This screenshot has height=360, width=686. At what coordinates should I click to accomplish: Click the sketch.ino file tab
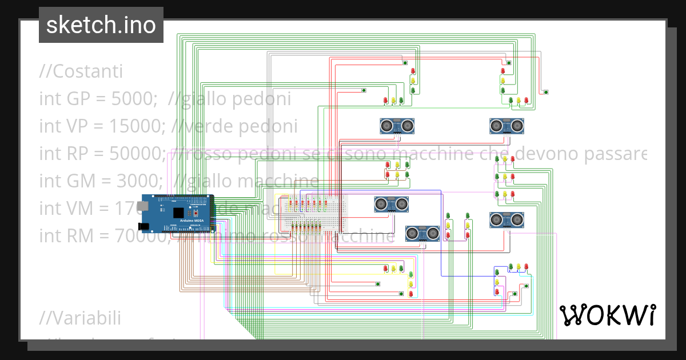[x=101, y=25]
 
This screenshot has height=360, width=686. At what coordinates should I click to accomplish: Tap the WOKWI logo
[x=607, y=315]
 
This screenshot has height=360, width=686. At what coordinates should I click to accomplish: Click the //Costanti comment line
[x=81, y=72]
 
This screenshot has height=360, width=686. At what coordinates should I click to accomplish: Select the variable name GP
[x=74, y=99]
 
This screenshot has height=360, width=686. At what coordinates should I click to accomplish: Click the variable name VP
[x=74, y=126]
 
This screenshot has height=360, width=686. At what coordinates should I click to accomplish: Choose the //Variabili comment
[x=80, y=317]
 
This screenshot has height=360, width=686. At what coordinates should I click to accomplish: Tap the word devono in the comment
[x=535, y=153]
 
